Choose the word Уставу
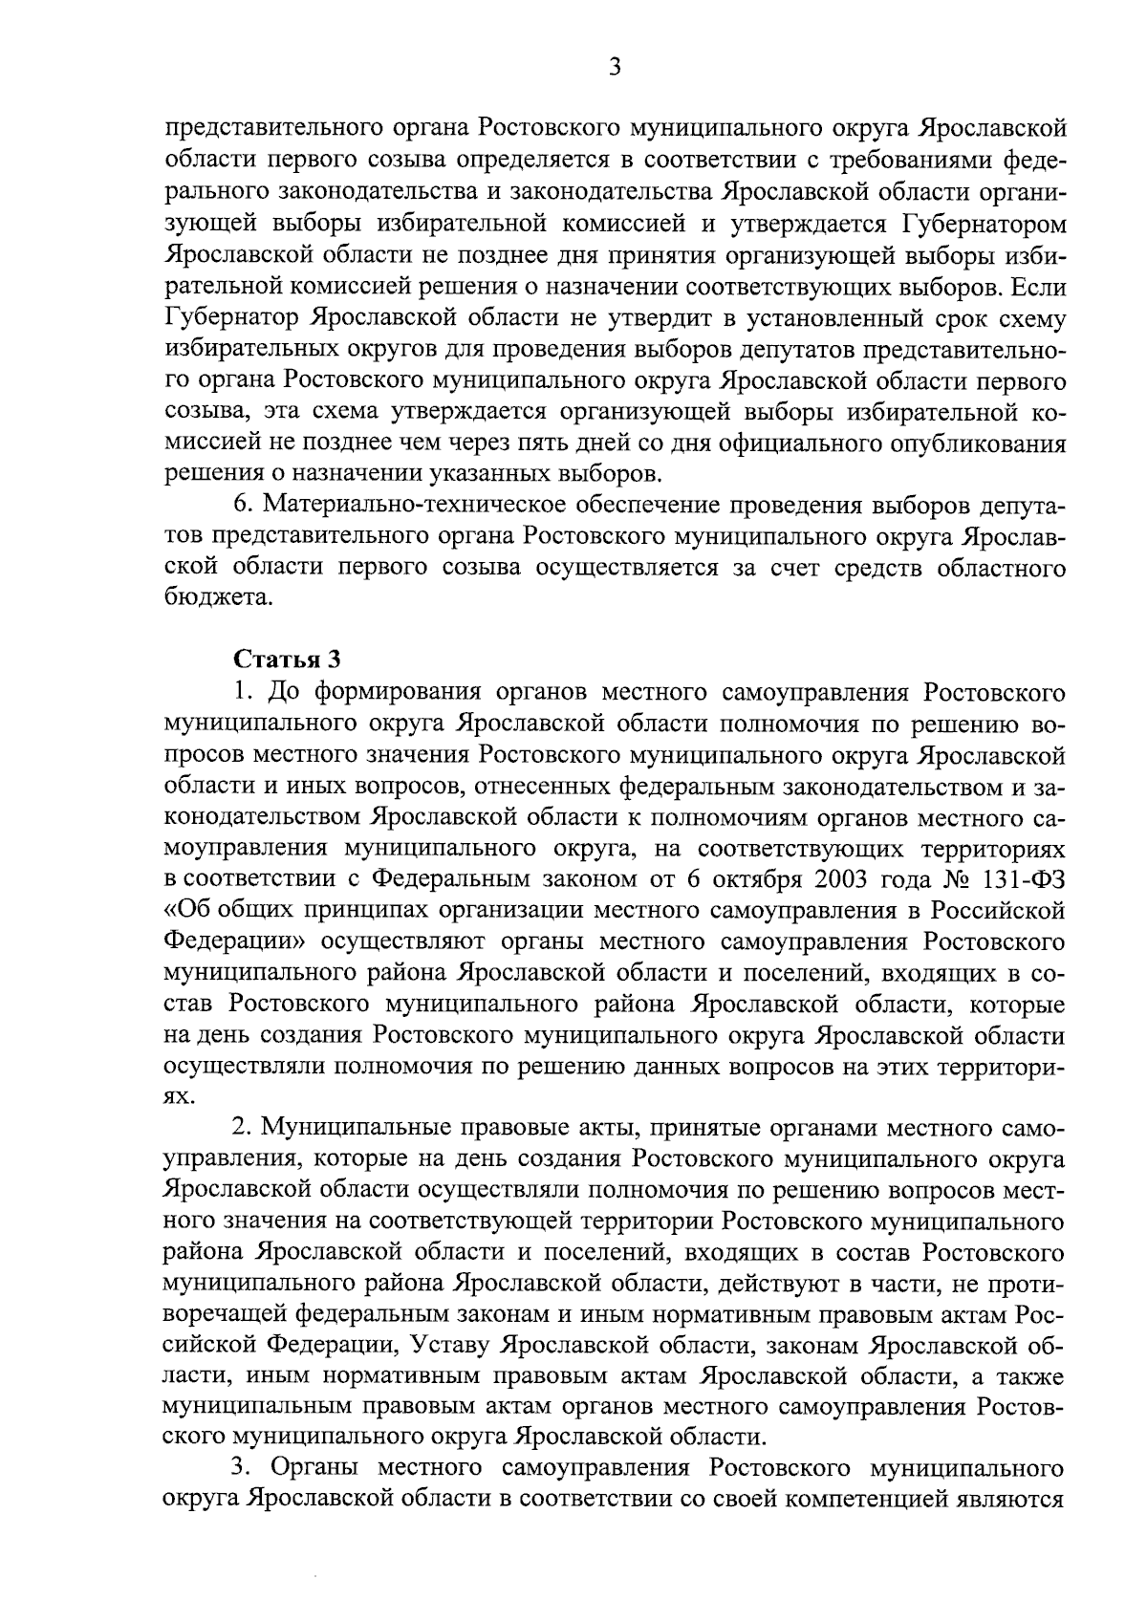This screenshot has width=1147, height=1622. tap(450, 1347)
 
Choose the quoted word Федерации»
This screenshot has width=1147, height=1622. tap(234, 941)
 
